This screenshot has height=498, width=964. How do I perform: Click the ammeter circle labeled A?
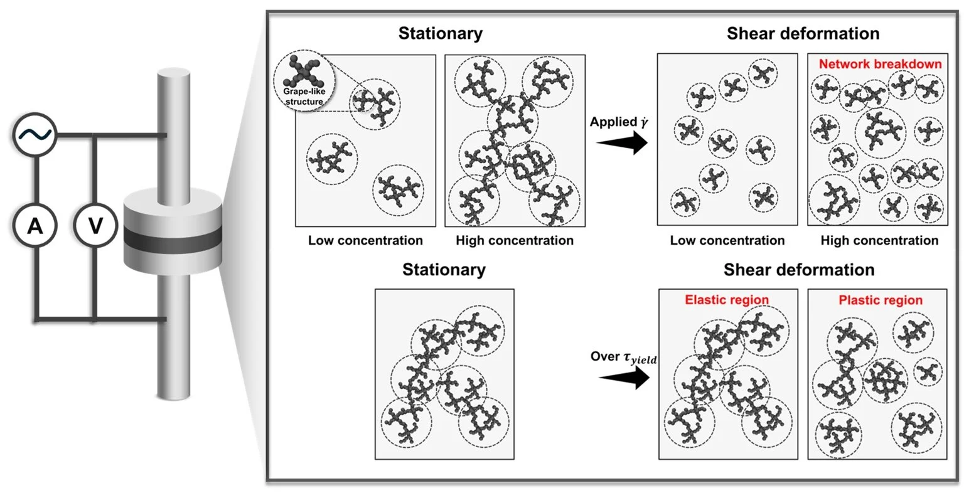coord(35,226)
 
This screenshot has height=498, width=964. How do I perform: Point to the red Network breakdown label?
coord(880,64)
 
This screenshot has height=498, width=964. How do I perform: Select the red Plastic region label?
coord(881,300)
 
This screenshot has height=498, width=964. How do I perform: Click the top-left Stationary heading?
coord(441,33)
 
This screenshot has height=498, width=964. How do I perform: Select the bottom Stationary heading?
coord(444,270)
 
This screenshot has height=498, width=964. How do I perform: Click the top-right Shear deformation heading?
coord(803,33)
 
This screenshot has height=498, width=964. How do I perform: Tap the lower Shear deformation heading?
coord(799,270)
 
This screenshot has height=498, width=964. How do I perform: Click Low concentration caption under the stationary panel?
coord(365,240)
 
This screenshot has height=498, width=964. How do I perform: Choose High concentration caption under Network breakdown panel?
coord(879,240)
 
